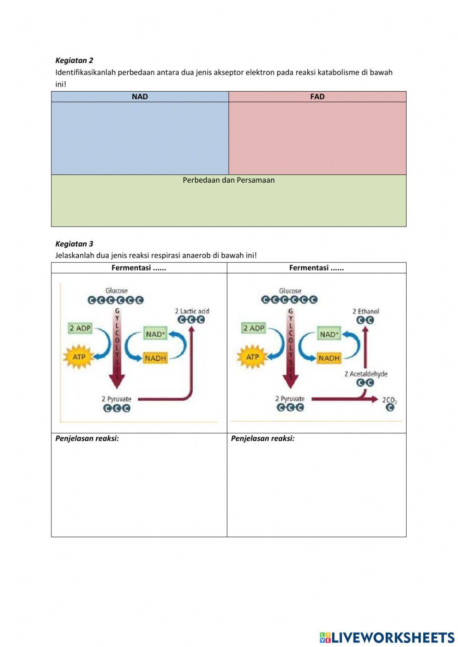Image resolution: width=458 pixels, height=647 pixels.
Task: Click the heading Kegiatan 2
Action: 74,60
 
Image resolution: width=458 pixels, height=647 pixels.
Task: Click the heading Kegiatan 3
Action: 74,244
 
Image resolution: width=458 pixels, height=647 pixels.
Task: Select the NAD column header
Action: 140,97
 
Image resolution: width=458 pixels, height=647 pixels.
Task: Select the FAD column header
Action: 317,97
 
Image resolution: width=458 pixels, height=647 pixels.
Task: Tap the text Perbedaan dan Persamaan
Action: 229,180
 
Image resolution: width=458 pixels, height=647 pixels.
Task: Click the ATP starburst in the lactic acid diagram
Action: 79,357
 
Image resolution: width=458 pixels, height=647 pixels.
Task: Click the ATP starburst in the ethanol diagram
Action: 252,357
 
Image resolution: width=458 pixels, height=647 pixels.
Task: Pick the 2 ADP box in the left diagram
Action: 80,328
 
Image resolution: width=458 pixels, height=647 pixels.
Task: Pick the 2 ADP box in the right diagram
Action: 254,328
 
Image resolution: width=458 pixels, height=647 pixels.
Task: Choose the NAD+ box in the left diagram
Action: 155,334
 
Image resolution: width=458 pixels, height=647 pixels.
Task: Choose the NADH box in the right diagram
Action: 329,358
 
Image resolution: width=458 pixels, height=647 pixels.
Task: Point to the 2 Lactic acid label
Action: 192,311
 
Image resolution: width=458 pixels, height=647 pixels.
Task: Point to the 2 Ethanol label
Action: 365,311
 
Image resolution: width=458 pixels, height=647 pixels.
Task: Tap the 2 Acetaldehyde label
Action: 365,374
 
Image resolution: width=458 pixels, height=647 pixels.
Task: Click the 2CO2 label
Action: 389,400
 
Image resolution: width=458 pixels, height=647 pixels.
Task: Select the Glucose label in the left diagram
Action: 116,291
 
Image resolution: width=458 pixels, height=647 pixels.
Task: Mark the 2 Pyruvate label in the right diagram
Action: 289,399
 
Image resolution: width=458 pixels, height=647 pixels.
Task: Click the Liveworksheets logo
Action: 387,637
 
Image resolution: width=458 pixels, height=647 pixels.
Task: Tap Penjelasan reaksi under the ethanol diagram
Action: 262,438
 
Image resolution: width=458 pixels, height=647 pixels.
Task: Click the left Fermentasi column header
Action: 139,268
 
